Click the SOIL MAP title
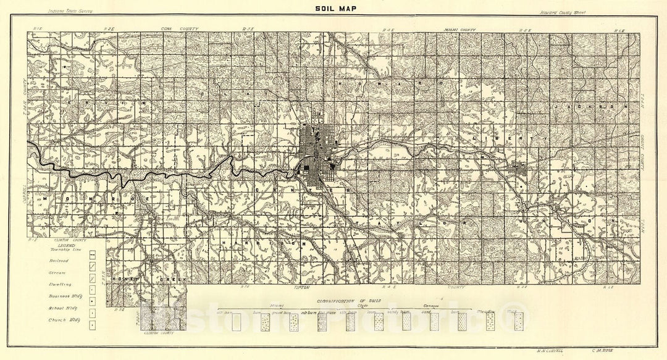pyautogui.click(x=333, y=9)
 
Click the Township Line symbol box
pyautogui.click(x=92, y=254)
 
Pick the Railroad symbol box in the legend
pyautogui.click(x=92, y=265)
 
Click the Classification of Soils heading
pyautogui.click(x=349, y=300)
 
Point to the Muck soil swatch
pyautogui.click(x=519, y=322)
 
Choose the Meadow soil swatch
pyautogui.click(x=490, y=322)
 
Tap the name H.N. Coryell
pyautogui.click(x=548, y=350)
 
